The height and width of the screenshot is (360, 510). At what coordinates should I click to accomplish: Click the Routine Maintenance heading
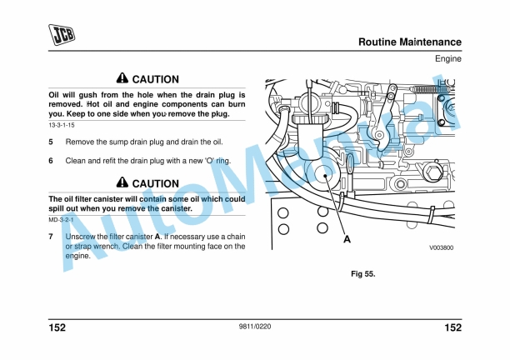click(409, 42)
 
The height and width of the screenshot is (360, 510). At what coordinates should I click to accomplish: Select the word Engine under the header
click(447, 59)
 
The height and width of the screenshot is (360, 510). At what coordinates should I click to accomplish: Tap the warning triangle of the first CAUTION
click(122, 78)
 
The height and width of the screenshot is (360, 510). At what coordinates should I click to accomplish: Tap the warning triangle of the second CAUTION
click(122, 183)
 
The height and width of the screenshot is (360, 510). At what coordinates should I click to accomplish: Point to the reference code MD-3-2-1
click(60, 220)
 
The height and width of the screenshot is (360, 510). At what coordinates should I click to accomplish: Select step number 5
click(51, 142)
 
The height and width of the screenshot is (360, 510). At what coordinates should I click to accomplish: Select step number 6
click(51, 160)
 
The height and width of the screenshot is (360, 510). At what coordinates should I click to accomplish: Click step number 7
click(51, 237)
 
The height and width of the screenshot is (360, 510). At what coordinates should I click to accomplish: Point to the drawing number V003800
click(441, 247)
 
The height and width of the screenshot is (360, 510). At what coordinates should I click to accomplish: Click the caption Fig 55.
click(362, 273)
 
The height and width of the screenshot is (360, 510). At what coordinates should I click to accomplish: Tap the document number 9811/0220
click(254, 327)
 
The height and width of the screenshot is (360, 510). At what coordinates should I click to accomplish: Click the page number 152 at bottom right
click(452, 327)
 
